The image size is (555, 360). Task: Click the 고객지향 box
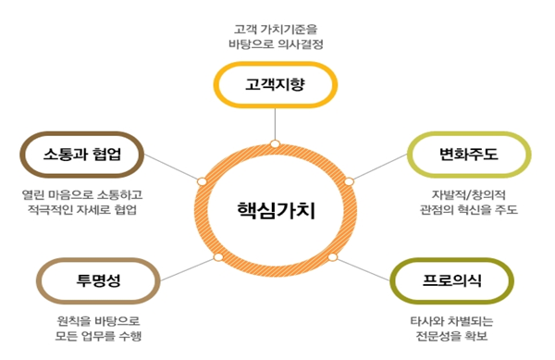click(x=275, y=86)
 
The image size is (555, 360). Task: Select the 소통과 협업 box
click(x=81, y=154)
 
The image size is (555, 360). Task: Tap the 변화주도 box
click(x=469, y=154)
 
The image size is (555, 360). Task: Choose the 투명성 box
click(x=93, y=281)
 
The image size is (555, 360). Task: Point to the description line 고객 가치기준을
click(x=275, y=28)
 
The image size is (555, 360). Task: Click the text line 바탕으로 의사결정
click(x=275, y=44)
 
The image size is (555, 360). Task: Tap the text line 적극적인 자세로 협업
click(x=82, y=212)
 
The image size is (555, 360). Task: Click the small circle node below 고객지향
click(x=275, y=143)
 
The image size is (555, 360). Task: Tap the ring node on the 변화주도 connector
click(x=349, y=180)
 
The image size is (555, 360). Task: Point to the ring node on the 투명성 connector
click(x=218, y=255)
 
